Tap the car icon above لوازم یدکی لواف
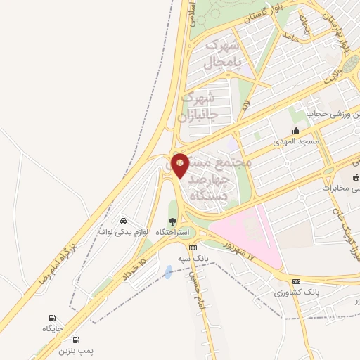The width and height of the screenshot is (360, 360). [124, 219]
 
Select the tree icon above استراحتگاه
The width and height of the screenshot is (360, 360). [173, 221]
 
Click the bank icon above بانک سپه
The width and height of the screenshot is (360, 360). [193, 247]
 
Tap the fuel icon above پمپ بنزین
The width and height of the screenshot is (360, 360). [75, 339]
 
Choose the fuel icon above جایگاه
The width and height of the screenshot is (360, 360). [52, 318]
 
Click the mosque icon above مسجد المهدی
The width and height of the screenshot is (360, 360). [296, 130]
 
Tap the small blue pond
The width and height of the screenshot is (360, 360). [168, 271]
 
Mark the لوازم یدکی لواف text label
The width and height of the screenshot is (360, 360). [124, 231]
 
